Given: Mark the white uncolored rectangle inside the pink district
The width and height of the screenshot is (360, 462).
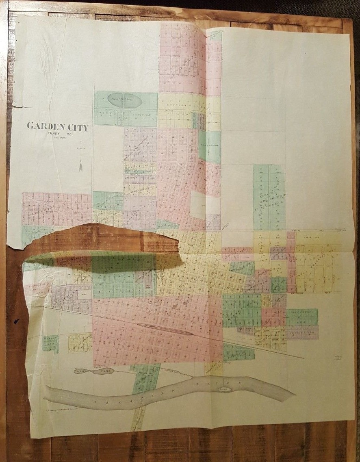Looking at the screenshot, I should point(199,205).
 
